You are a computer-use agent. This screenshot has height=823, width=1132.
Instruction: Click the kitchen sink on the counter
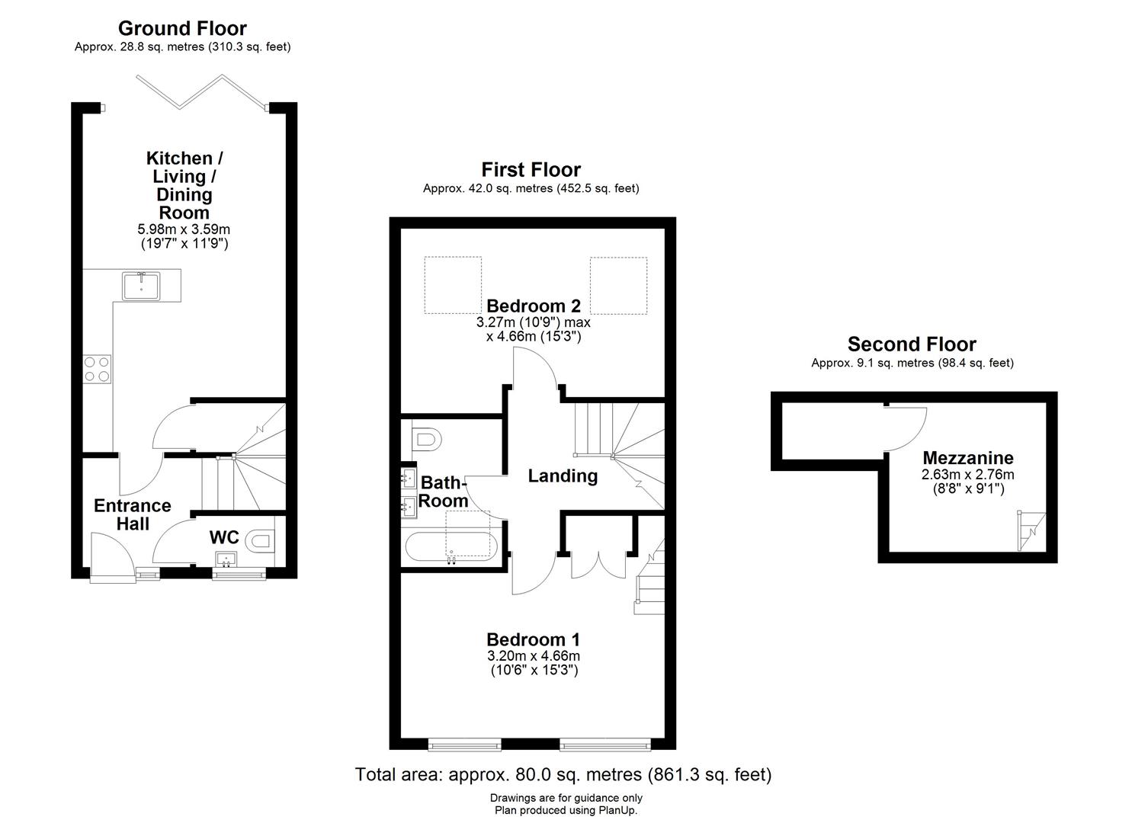click(x=141, y=286)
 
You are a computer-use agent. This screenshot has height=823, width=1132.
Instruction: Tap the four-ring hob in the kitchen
click(x=96, y=369)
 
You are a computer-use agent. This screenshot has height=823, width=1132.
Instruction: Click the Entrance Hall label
click(x=132, y=514)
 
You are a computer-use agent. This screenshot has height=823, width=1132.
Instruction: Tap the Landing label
click(x=563, y=476)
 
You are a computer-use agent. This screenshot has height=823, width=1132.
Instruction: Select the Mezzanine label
click(x=967, y=458)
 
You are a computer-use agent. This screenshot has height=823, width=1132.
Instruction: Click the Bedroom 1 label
click(x=533, y=639)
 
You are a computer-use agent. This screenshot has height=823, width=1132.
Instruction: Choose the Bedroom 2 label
click(x=534, y=306)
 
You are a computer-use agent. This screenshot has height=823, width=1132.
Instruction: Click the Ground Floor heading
click(x=182, y=28)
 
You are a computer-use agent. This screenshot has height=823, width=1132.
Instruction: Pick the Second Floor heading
click(x=912, y=344)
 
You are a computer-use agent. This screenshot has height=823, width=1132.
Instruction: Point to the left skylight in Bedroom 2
click(x=453, y=286)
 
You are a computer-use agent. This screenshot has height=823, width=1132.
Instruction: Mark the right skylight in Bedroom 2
click(x=618, y=286)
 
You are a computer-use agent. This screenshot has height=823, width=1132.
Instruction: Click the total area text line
click(x=563, y=775)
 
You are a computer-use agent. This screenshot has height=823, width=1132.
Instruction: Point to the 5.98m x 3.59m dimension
click(x=183, y=229)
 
